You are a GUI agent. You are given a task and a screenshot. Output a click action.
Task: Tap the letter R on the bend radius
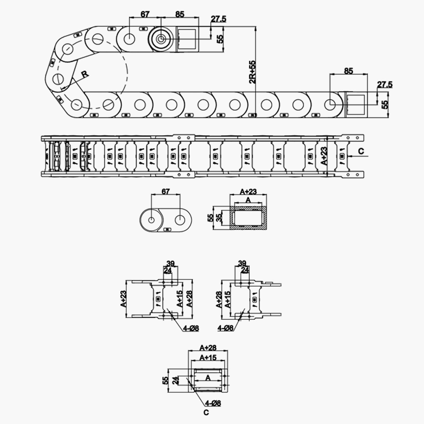[x=85, y=74]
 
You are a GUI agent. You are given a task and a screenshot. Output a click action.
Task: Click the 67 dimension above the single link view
[x=166, y=191]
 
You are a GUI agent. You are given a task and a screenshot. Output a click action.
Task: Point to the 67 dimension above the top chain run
[x=145, y=14]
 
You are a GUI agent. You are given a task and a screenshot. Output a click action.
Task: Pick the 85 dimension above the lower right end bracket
[x=348, y=71]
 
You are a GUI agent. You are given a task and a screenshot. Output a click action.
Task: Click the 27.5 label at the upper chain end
[x=218, y=19]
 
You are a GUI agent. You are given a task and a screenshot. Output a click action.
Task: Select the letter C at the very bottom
[x=205, y=411]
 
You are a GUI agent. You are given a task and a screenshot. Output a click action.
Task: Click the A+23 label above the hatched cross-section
[x=248, y=191]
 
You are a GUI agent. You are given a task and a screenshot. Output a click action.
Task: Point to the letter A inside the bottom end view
[x=208, y=377]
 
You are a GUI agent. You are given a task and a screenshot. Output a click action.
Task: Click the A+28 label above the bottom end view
[x=208, y=348]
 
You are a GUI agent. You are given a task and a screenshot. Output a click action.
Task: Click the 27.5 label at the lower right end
[x=385, y=85]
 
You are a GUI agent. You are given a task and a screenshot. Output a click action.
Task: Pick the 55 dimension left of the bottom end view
[x=166, y=380]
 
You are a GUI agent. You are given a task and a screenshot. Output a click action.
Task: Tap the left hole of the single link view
[x=151, y=220]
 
